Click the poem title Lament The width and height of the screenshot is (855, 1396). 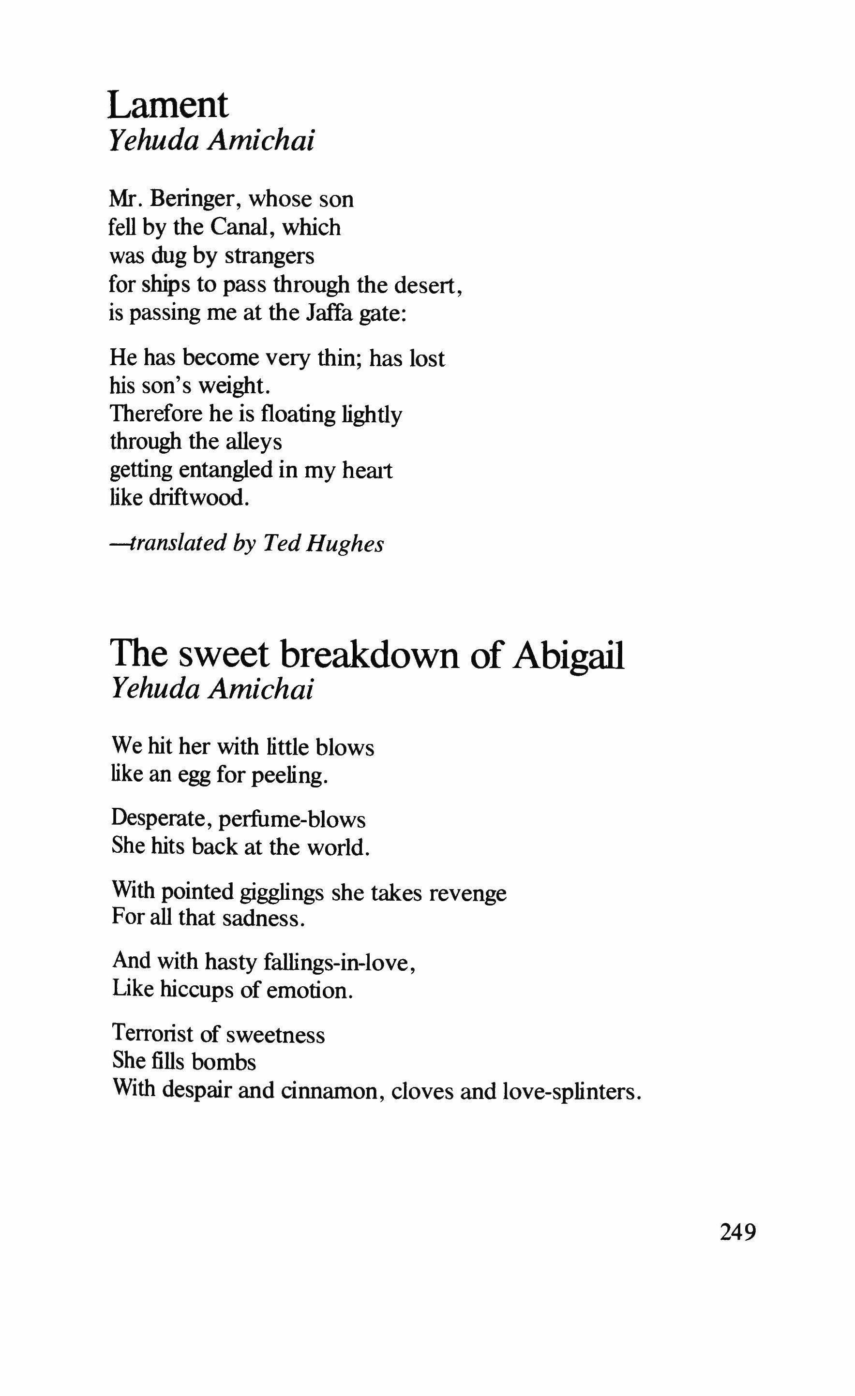[x=168, y=105]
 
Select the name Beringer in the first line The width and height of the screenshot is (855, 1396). [x=192, y=199]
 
